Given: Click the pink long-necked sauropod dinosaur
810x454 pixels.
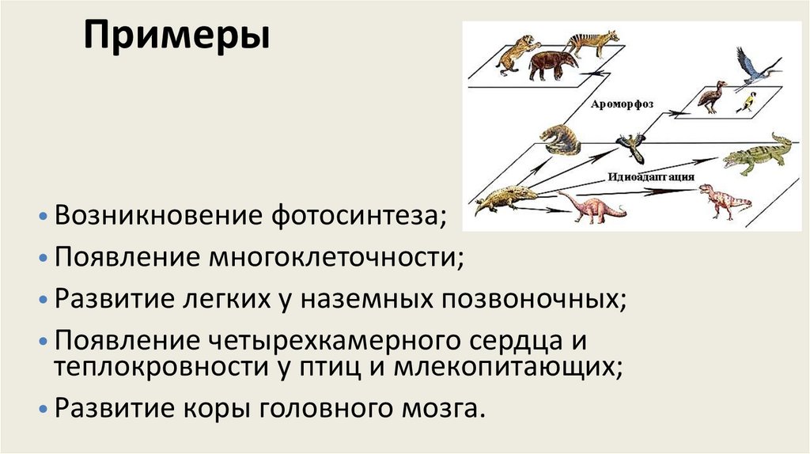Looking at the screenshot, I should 591,207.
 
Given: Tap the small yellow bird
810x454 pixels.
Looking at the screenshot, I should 746,102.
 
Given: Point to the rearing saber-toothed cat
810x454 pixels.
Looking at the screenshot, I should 515,53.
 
